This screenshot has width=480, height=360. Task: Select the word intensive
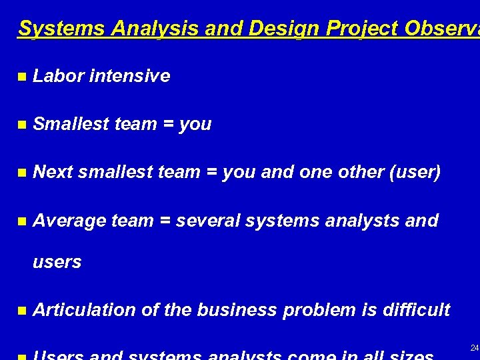[x=129, y=76]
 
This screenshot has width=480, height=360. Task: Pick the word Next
[x=53, y=172]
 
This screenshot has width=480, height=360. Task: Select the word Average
[x=69, y=220]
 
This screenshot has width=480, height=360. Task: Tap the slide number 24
[x=474, y=348]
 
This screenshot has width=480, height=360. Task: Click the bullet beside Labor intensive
[x=22, y=77]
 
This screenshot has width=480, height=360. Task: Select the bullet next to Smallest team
[x=22, y=125]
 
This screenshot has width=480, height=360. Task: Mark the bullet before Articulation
[x=22, y=311]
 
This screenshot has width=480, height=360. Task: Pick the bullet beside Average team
[x=22, y=221]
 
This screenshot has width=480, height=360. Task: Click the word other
[x=361, y=172]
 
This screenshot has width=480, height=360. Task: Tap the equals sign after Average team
[x=165, y=221]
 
